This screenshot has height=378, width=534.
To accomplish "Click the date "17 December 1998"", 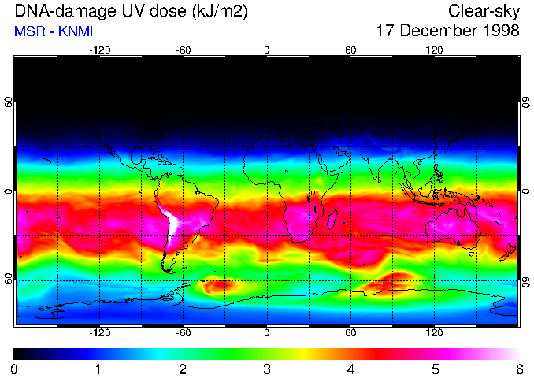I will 447,31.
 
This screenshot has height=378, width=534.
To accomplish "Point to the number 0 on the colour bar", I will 15,368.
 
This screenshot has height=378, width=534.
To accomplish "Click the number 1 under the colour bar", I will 98,368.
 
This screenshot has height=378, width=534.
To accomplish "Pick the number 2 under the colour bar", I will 183,368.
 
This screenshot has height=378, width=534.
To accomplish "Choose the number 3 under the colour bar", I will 267,368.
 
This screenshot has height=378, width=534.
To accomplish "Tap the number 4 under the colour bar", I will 350,368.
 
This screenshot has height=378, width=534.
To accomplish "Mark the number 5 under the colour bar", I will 435,368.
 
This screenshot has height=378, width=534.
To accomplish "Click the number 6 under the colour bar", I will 518,368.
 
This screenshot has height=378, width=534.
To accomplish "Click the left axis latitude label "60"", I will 9,103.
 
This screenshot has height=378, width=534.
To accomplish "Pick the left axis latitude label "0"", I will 9,191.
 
